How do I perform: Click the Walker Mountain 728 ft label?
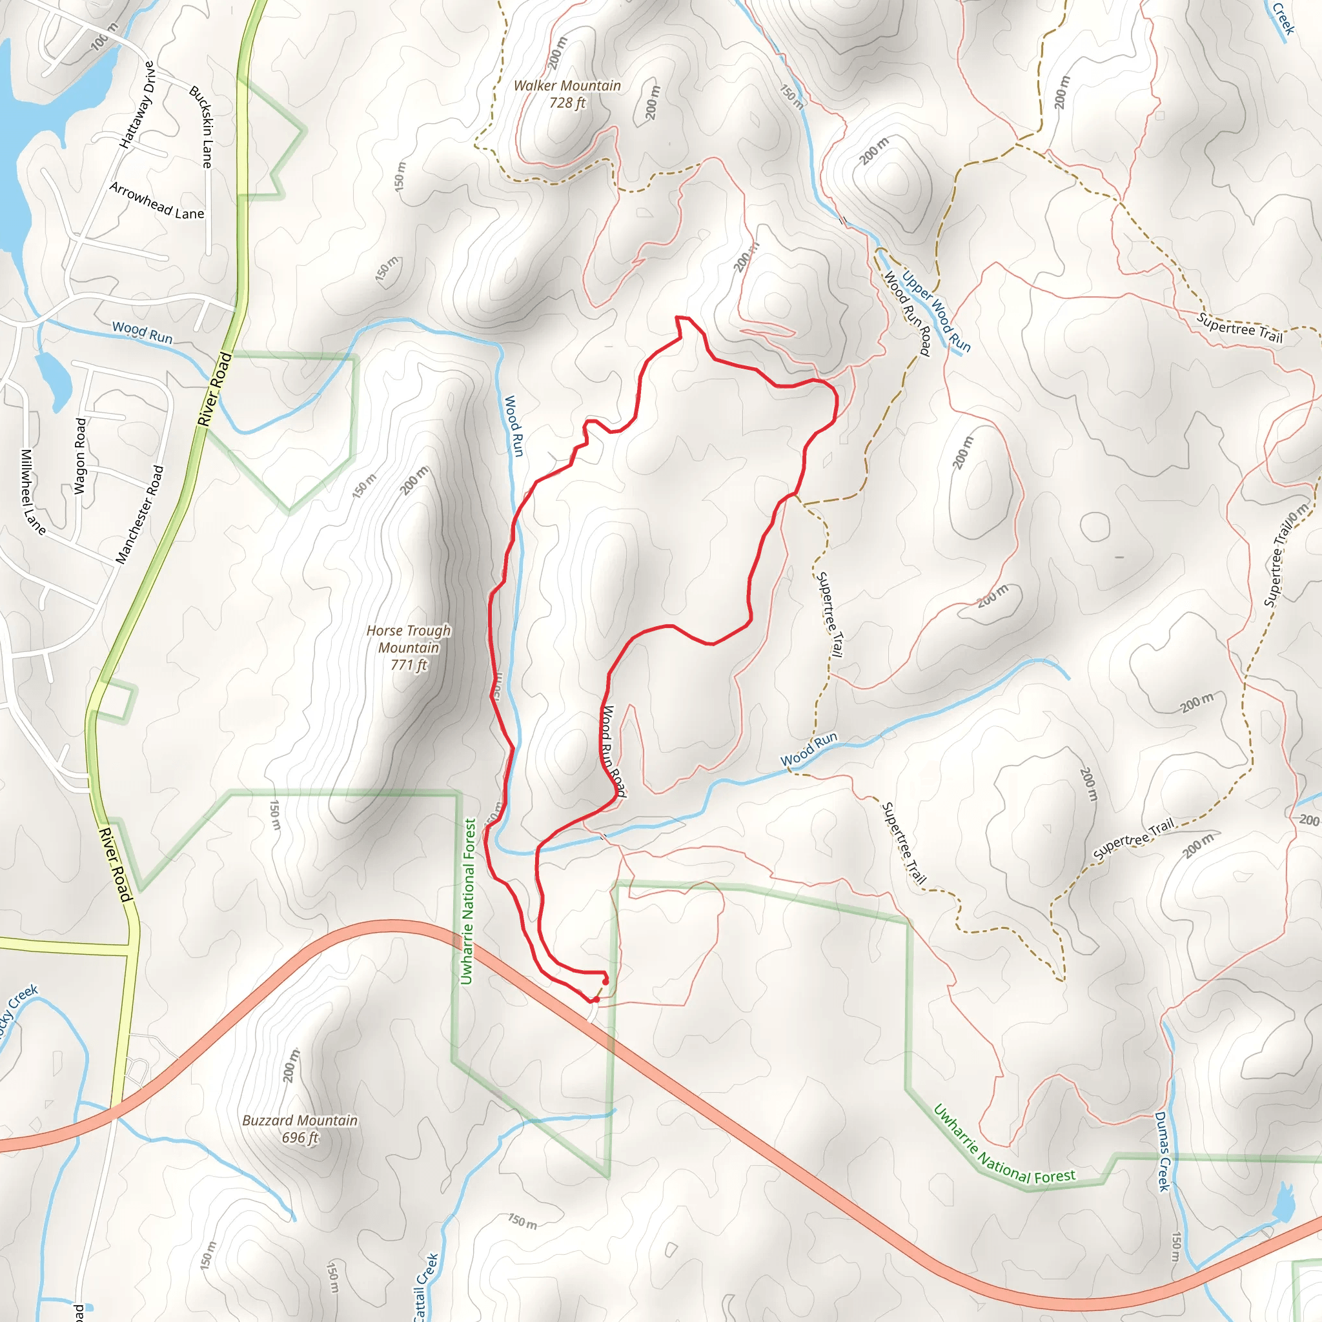tap(567, 94)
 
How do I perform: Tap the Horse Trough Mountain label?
tap(409, 647)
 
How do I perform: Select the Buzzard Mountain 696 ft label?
tap(300, 1128)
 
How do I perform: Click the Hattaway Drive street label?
tap(137, 105)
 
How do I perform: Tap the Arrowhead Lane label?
tap(157, 201)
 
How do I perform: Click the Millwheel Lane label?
tap(32, 492)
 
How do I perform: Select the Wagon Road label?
tap(81, 456)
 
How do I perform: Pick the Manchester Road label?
tap(139, 514)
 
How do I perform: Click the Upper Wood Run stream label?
tap(935, 312)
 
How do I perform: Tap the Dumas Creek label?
tap(1163, 1151)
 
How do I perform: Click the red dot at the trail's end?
tap(605, 981)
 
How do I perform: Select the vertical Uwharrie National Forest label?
tap(468, 901)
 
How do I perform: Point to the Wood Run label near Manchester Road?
tap(142, 332)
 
